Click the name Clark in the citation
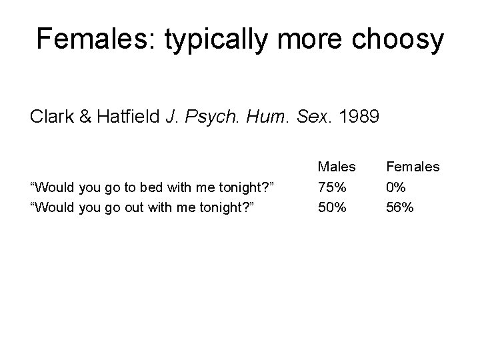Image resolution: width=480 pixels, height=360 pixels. coord(50,117)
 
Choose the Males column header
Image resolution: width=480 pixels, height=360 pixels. coord(337,166)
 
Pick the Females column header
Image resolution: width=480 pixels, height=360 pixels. coord(413,166)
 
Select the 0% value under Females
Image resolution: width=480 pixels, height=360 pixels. coord(397,187)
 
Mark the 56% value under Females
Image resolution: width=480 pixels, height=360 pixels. coord(400,207)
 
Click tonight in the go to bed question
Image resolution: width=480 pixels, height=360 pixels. coord(233,187)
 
